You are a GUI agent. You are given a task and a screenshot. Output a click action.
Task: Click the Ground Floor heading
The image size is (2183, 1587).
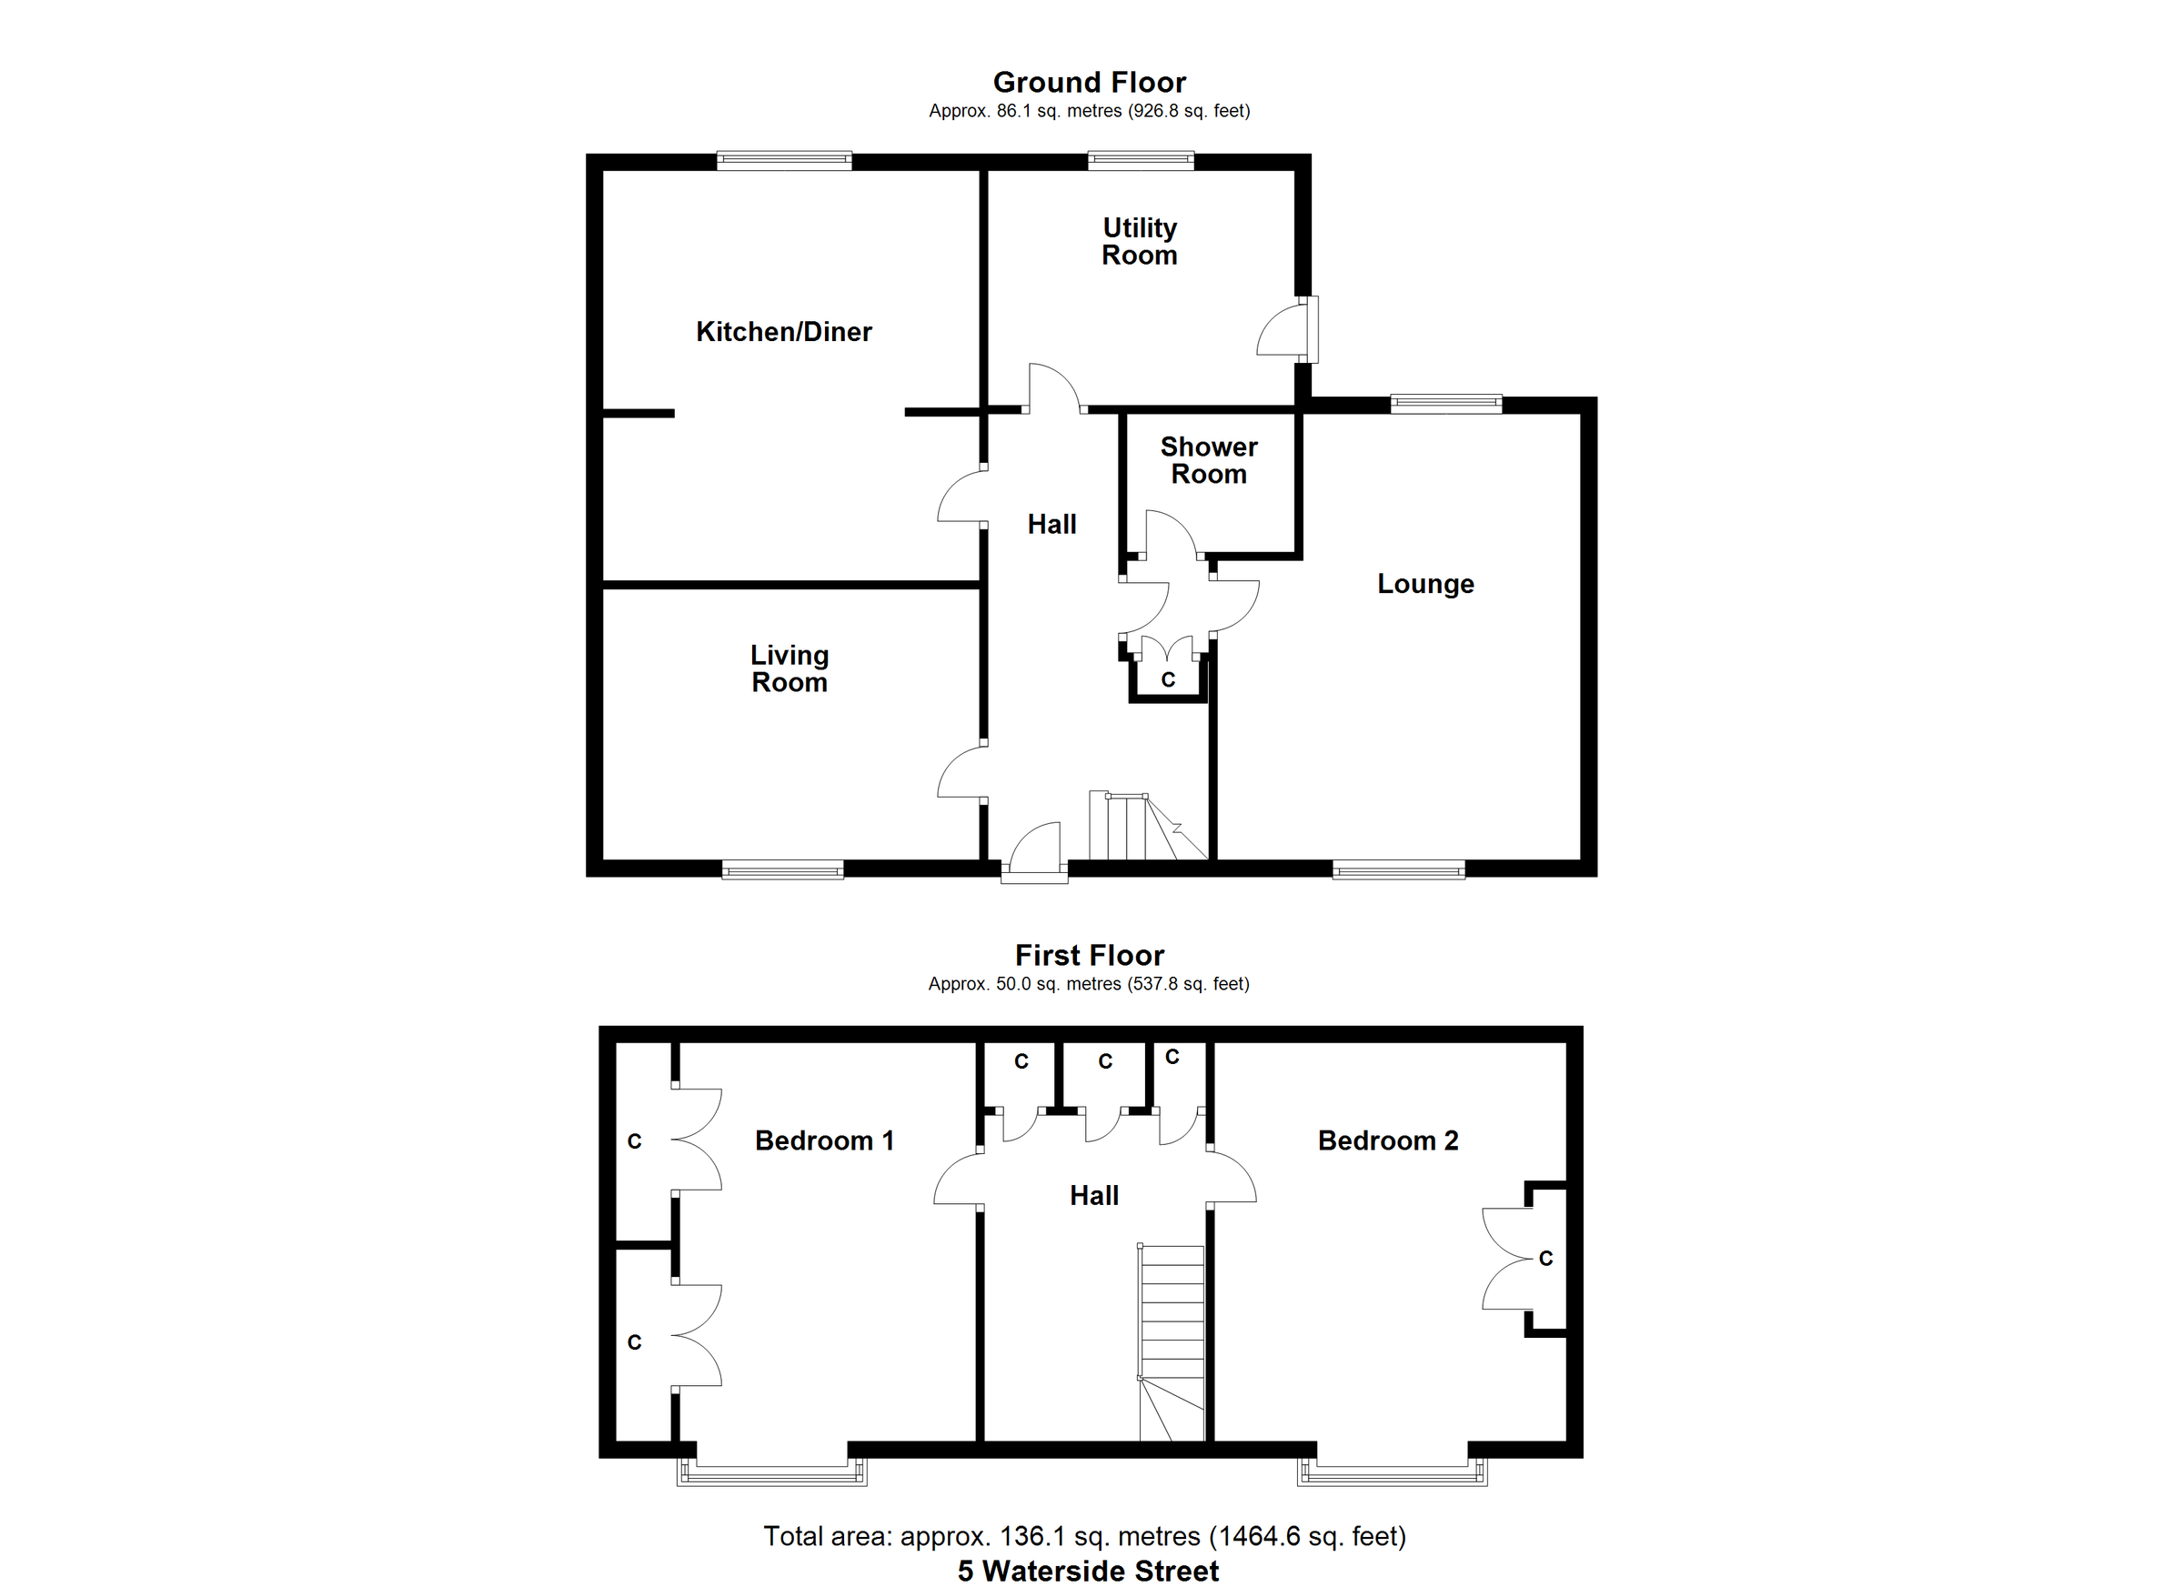coord(1089,83)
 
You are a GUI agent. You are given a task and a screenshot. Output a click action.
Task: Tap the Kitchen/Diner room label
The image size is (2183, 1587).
coord(783,332)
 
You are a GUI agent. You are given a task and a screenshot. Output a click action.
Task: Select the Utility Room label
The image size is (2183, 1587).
coord(1140,242)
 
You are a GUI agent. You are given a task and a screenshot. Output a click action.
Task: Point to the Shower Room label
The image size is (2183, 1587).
coord(1208,461)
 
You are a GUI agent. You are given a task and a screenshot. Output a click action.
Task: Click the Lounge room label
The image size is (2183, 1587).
coord(1424,584)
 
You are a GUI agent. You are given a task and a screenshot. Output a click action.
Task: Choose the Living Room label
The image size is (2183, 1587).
coord(790,668)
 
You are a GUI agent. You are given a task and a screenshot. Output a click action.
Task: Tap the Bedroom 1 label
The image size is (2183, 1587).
coord(824,1141)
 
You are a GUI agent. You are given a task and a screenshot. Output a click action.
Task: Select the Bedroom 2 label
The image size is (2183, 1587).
coord(1387,1141)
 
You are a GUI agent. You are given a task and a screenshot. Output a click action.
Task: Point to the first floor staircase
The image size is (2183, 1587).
coord(1172,1342)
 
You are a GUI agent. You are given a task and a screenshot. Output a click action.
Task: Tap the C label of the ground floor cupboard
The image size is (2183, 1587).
coord(1168,680)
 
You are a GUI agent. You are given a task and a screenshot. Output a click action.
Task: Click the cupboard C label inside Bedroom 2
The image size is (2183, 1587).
coord(1545,1259)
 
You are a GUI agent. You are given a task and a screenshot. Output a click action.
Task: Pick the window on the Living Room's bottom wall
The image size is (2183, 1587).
coord(782,871)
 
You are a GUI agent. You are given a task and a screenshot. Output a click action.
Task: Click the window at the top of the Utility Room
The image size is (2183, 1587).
coord(1141,161)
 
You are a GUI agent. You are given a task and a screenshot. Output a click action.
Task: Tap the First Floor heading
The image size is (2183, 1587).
coord(1089,956)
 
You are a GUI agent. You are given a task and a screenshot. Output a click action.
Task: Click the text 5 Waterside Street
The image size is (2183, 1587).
coord(1088,1572)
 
